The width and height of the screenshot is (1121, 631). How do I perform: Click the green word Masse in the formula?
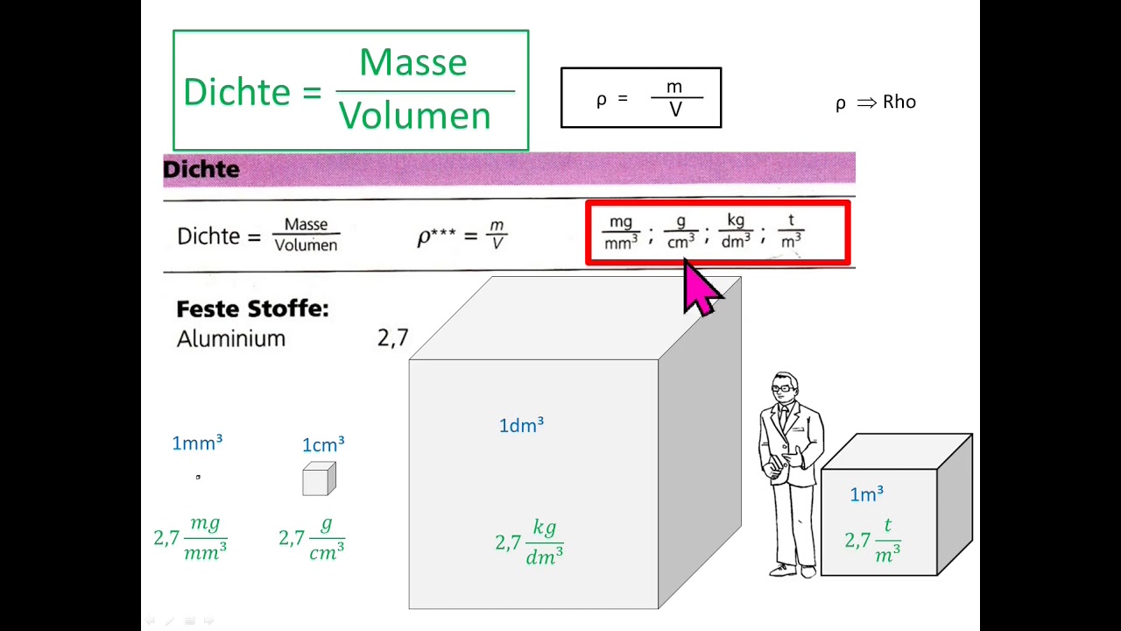[x=412, y=63]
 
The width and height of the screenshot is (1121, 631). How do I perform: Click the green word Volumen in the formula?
[x=415, y=116]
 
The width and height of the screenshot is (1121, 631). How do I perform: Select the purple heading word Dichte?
[x=201, y=169]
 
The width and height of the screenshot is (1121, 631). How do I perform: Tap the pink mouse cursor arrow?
[x=702, y=287]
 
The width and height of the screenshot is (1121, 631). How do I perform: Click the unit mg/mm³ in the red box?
[x=621, y=232]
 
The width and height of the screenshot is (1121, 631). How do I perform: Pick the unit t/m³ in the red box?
[x=791, y=232]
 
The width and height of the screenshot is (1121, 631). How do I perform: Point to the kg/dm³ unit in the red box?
[x=736, y=232]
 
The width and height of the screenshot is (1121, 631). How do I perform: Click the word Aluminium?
[x=231, y=339]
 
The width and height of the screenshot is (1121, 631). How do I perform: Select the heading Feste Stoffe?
[x=252, y=309]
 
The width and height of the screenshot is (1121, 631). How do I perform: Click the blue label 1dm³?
[x=521, y=425]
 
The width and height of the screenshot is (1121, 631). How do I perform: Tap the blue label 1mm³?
[x=197, y=443]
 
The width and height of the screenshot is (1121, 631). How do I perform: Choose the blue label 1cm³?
[x=323, y=445]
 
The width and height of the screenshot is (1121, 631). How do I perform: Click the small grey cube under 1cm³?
[x=319, y=479]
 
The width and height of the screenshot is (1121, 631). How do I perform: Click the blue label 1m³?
[x=866, y=495]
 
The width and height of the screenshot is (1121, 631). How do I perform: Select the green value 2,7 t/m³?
[x=873, y=540]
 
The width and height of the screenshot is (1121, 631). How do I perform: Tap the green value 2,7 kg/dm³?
[x=529, y=542]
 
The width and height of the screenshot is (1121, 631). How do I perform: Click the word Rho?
[x=899, y=102]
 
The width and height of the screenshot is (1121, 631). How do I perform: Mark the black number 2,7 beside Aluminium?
[x=392, y=338]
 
